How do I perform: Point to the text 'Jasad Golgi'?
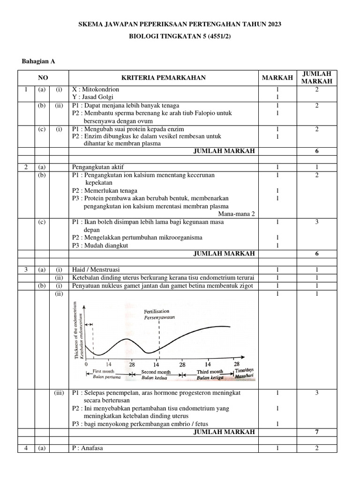click(x=99, y=97)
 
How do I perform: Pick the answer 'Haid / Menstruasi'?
click(x=96, y=270)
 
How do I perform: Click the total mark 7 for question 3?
click(x=317, y=432)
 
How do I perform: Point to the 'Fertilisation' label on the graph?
click(x=157, y=311)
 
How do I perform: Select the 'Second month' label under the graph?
click(x=156, y=372)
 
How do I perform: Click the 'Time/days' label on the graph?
click(x=244, y=370)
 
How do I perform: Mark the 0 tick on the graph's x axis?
click(x=86, y=364)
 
